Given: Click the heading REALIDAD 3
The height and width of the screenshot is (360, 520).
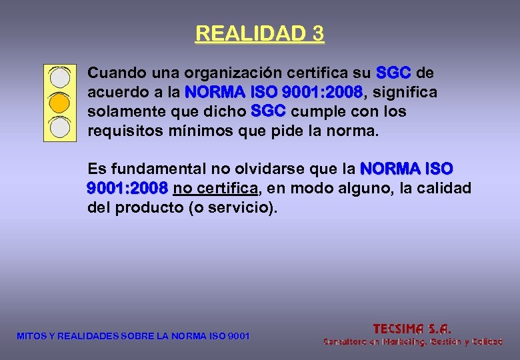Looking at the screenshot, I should [259, 33].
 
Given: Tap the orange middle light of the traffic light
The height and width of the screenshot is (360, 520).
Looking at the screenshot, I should [60, 102].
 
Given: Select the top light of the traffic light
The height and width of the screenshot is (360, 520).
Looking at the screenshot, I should [60, 77].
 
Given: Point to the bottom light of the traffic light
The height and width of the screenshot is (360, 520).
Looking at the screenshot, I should [60, 126].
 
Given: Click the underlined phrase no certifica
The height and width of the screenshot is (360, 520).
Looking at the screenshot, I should [215, 189].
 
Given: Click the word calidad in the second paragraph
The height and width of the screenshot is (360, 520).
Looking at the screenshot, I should [443, 189].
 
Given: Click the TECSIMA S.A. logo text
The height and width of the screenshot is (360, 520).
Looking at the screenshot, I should [412, 328].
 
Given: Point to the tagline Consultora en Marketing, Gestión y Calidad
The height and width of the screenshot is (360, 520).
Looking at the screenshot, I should [413, 341].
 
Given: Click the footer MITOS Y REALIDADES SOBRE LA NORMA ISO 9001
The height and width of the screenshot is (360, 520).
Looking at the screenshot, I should [133, 336].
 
